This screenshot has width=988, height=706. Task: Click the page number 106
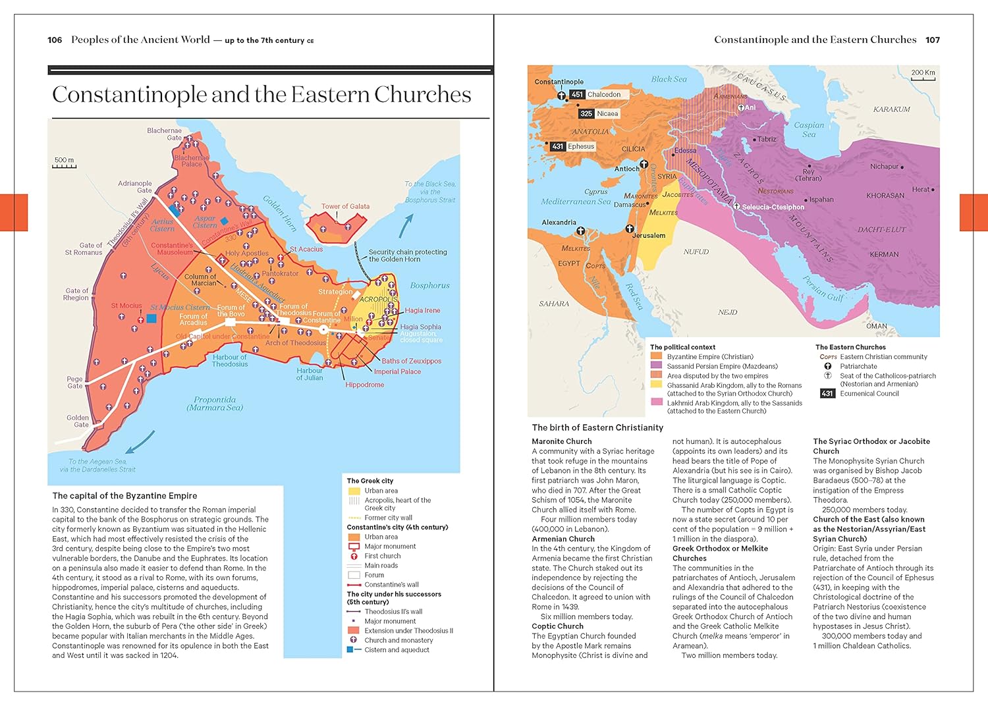coord(55,40)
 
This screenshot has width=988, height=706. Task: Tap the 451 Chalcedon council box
coord(596,94)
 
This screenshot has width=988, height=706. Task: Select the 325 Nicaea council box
coord(599,113)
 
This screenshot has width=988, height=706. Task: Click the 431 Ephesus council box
coord(573,146)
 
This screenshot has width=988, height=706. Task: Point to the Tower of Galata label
coord(345,206)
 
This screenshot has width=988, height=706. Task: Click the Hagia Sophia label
coord(420,327)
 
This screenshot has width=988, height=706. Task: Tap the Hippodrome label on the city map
coord(364,385)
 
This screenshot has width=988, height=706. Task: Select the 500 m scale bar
coord(65,163)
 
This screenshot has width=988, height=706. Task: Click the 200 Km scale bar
coord(923,75)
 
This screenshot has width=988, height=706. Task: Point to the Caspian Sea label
coord(809,129)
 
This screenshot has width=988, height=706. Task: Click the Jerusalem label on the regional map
coord(649,235)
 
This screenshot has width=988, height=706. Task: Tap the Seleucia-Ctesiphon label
coord(773,207)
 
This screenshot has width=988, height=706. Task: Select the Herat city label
coord(921,190)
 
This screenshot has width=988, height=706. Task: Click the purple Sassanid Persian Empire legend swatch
coord(656,366)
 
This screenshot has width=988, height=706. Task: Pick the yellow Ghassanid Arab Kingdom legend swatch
coord(656,385)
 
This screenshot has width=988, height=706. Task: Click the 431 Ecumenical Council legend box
coord(827,393)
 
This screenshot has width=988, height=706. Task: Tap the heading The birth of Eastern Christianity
coord(597,427)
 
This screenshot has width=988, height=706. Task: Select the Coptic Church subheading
coord(557,626)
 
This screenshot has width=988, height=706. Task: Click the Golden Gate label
coord(78,421)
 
